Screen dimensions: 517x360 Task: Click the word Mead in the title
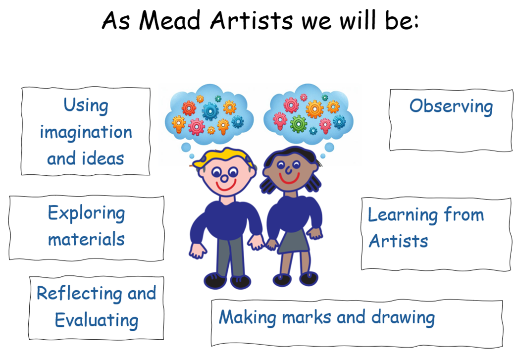coord(169,20)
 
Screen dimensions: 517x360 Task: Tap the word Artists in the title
coord(251,20)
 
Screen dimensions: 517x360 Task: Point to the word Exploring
coord(86,213)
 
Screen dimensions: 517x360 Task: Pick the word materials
coord(86,239)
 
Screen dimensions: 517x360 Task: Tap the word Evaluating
coord(97,320)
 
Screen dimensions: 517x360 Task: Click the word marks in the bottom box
coord(307,317)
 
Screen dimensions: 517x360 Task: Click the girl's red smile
coord(289,180)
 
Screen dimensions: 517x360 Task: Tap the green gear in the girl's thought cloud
coord(299,124)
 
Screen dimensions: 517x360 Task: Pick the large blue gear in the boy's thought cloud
coord(210,111)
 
